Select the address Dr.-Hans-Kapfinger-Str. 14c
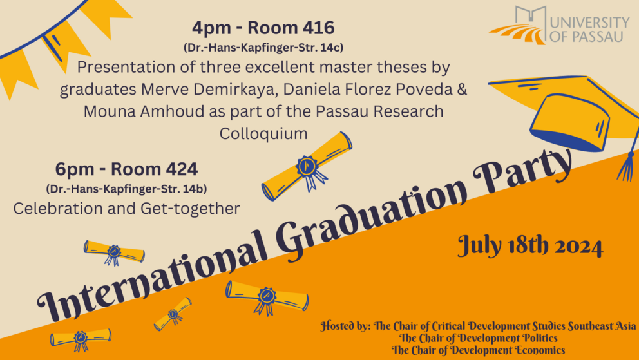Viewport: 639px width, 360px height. click(263, 48)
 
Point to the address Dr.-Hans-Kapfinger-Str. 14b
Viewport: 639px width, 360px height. click(126, 189)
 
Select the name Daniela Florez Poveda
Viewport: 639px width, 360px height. click(368, 89)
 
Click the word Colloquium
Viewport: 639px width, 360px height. click(263, 133)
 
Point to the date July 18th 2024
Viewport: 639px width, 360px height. click(529, 246)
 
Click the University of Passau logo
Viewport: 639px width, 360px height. click(559, 24)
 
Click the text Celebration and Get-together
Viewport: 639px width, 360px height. click(126, 209)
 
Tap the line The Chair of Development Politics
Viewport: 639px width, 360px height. click(478, 338)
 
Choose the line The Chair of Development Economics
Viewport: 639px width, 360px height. click(478, 350)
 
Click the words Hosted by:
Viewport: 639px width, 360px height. click(345, 327)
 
